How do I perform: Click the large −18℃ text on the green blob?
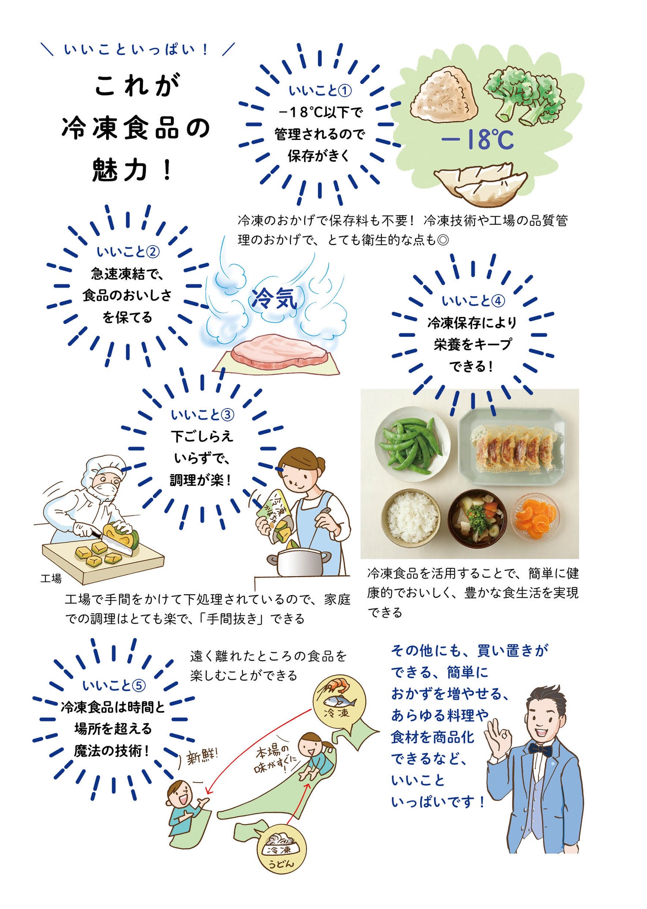477,139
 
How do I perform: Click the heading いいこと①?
320,91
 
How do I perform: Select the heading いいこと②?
128,251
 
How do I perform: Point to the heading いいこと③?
202,415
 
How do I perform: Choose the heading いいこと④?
473,301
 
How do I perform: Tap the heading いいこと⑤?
114,685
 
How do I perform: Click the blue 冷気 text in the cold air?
275,298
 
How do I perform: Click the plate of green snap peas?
412,444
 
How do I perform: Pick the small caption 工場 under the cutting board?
51,578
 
